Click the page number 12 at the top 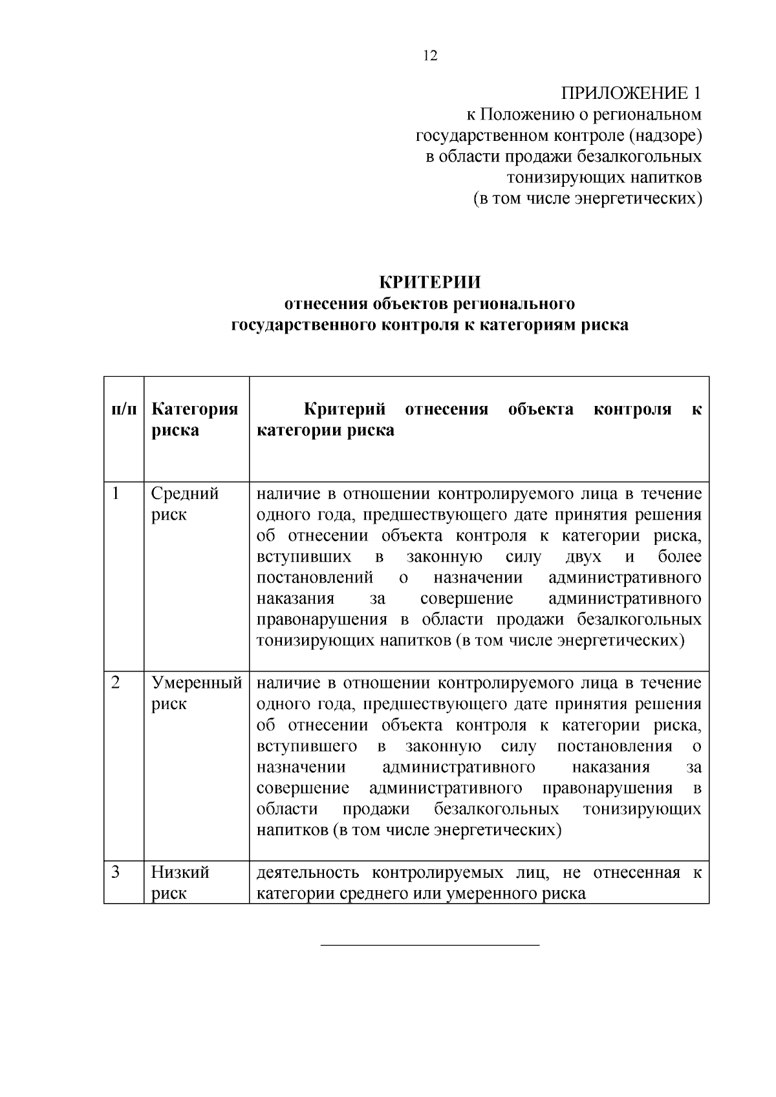pos(430,56)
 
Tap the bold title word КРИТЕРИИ pos(429,282)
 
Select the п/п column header pos(124,409)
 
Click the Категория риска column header pos(195,420)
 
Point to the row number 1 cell pos(116,494)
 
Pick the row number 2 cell pos(116,683)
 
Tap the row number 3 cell pos(116,872)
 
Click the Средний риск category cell pos(185,504)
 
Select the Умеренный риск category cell pos(197,693)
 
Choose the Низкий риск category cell pos(180,882)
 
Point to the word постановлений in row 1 pos(315,578)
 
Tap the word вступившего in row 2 pos(307,747)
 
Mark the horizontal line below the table pos(430,946)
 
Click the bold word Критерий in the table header pos(345,409)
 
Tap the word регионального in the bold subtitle pos(515,304)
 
